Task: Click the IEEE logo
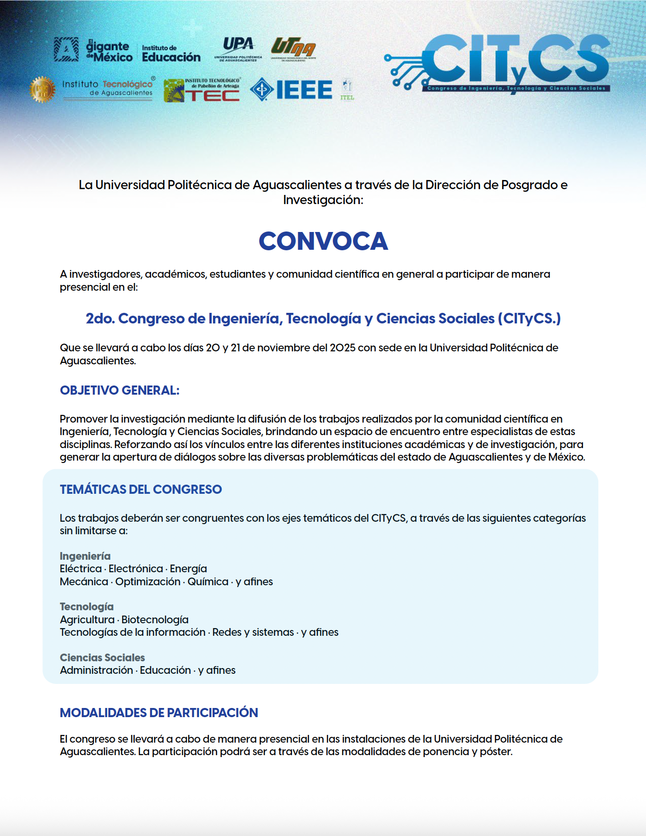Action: (291, 90)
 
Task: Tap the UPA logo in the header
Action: (238, 49)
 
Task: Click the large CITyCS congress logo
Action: (500, 63)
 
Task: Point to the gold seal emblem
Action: (42, 90)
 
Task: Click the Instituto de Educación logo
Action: (171, 53)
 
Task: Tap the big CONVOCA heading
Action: (323, 241)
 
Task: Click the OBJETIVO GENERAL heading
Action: (119, 390)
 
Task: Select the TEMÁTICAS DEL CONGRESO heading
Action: (140, 489)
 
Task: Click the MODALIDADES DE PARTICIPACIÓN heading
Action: (159, 713)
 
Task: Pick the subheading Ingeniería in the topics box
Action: (85, 556)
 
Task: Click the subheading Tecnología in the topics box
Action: (87, 606)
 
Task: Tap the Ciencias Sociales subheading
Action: (102, 657)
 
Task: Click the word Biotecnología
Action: (155, 619)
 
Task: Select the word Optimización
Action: (148, 581)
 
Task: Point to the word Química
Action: (208, 581)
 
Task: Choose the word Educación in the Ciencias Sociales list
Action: (165, 670)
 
